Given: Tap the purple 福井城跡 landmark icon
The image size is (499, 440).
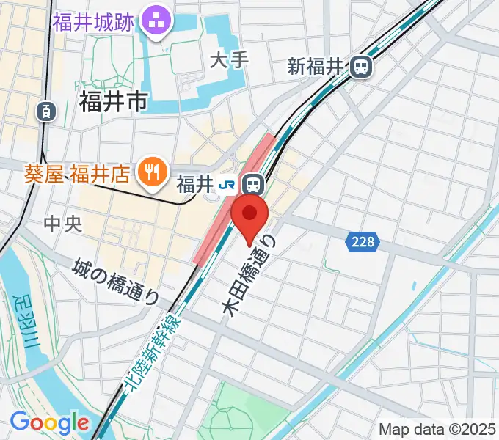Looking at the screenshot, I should [x=155, y=21].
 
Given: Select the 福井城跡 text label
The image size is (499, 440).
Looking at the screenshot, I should [x=92, y=21].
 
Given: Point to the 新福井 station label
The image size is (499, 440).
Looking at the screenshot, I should [x=316, y=67].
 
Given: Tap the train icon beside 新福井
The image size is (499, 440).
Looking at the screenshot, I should [x=360, y=67].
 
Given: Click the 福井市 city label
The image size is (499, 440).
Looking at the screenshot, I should [x=113, y=102].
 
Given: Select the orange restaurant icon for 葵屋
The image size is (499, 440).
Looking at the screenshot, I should [x=153, y=173].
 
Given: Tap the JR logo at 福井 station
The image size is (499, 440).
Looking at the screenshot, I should [x=229, y=183].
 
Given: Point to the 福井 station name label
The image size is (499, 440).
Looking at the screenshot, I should [x=194, y=183].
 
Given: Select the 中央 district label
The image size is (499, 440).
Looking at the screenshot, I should [x=63, y=224].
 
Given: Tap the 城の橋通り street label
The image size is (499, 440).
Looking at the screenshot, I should [x=117, y=282].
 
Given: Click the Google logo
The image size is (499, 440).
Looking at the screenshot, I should [x=48, y=423].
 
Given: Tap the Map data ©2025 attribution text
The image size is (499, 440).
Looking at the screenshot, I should [x=436, y=428].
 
